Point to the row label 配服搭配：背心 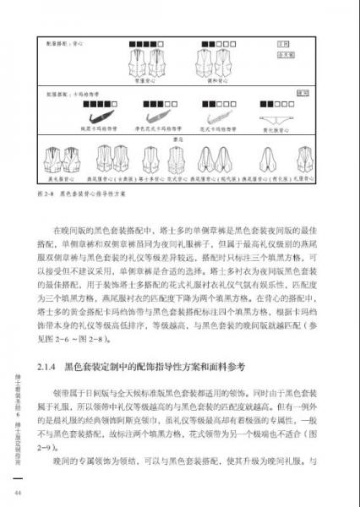tap(68, 38)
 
